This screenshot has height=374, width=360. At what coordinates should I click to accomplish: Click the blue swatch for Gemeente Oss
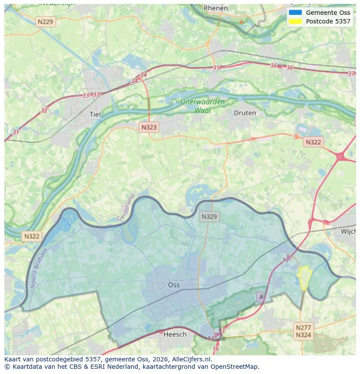point(295,13)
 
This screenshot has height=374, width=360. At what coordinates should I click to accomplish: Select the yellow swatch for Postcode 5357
point(295,21)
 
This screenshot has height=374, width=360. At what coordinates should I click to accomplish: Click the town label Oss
point(174,285)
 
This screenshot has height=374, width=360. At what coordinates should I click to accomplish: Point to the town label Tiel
point(95,114)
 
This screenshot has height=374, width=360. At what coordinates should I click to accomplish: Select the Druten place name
point(245,113)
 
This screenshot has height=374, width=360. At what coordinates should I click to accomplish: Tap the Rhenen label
point(216,8)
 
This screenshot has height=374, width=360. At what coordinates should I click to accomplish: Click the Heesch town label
point(175,334)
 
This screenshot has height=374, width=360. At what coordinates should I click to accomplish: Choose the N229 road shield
point(46,21)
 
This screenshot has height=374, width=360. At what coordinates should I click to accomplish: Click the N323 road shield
point(149,127)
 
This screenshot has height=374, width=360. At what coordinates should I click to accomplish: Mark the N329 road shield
point(210,216)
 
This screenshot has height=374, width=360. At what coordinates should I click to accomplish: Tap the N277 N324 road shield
point(303,331)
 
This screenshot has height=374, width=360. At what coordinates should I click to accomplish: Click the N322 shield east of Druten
point(313,142)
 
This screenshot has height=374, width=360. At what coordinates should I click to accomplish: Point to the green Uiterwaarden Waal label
point(203,106)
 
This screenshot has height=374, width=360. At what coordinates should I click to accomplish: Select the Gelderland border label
point(126,207)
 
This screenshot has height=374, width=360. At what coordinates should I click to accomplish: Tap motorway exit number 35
point(216,68)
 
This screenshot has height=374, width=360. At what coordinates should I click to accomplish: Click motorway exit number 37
point(351,73)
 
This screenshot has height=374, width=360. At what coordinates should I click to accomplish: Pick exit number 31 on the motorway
point(16,132)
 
